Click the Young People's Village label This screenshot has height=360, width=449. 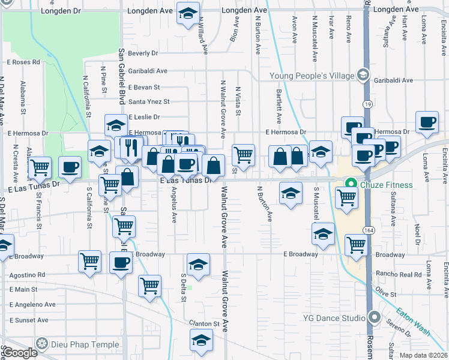(312, 76)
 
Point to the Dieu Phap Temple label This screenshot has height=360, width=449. (74, 344)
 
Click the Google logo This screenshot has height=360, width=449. (19, 353)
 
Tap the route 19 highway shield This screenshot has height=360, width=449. (367, 105)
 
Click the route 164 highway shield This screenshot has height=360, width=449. (367, 230)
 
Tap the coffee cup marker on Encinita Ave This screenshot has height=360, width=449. (427, 122)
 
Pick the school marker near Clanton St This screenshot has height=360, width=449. (201, 340)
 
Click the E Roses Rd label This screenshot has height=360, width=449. (23, 62)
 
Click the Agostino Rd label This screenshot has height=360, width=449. (27, 275)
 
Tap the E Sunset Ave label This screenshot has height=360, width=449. (29, 320)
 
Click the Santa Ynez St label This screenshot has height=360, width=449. (149, 102)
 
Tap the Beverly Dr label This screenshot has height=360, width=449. (142, 53)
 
